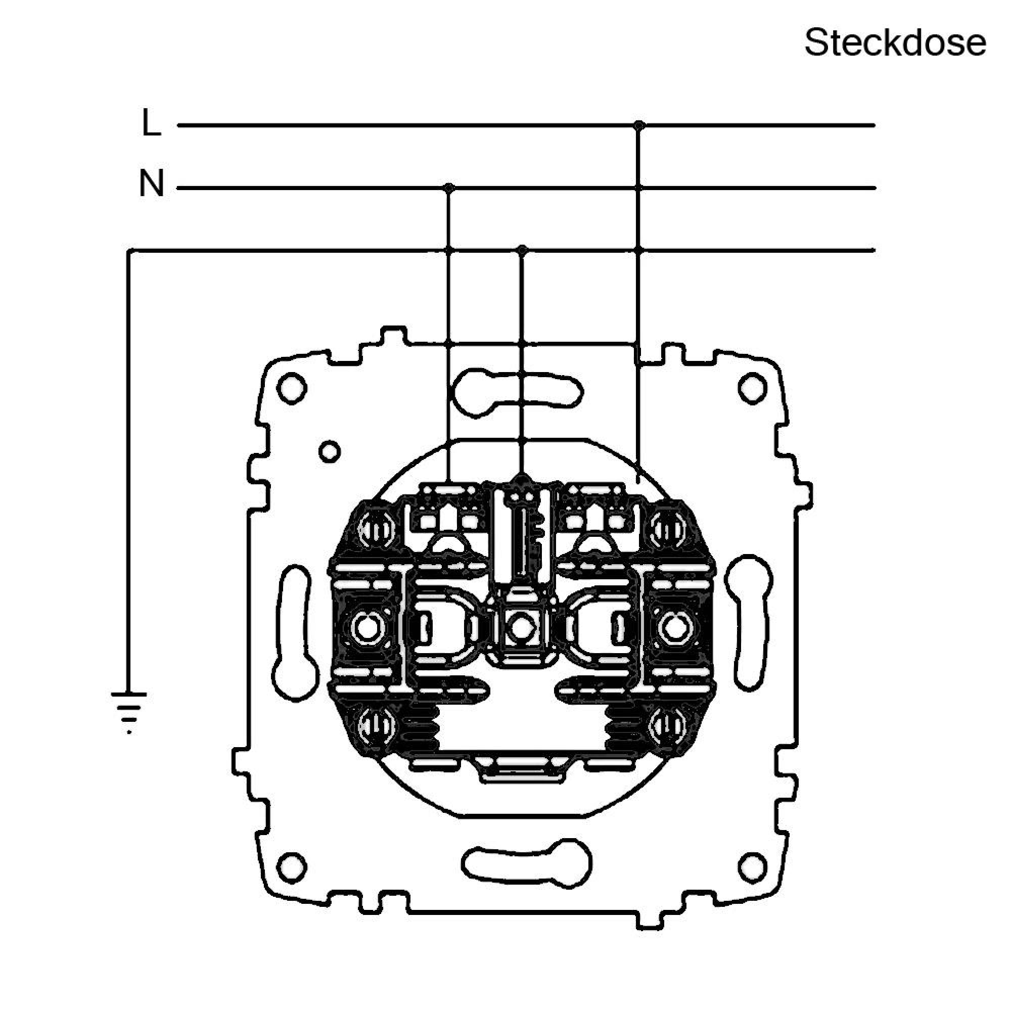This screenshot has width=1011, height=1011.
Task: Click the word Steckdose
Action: [895, 43]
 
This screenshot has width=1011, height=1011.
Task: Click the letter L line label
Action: [151, 123]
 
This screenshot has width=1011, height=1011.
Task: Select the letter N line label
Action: [151, 183]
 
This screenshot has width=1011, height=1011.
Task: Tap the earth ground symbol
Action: [129, 712]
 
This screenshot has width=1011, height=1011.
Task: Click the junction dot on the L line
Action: [638, 125]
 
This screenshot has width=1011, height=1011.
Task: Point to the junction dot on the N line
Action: [448, 188]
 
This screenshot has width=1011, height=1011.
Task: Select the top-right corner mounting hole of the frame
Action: [754, 388]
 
